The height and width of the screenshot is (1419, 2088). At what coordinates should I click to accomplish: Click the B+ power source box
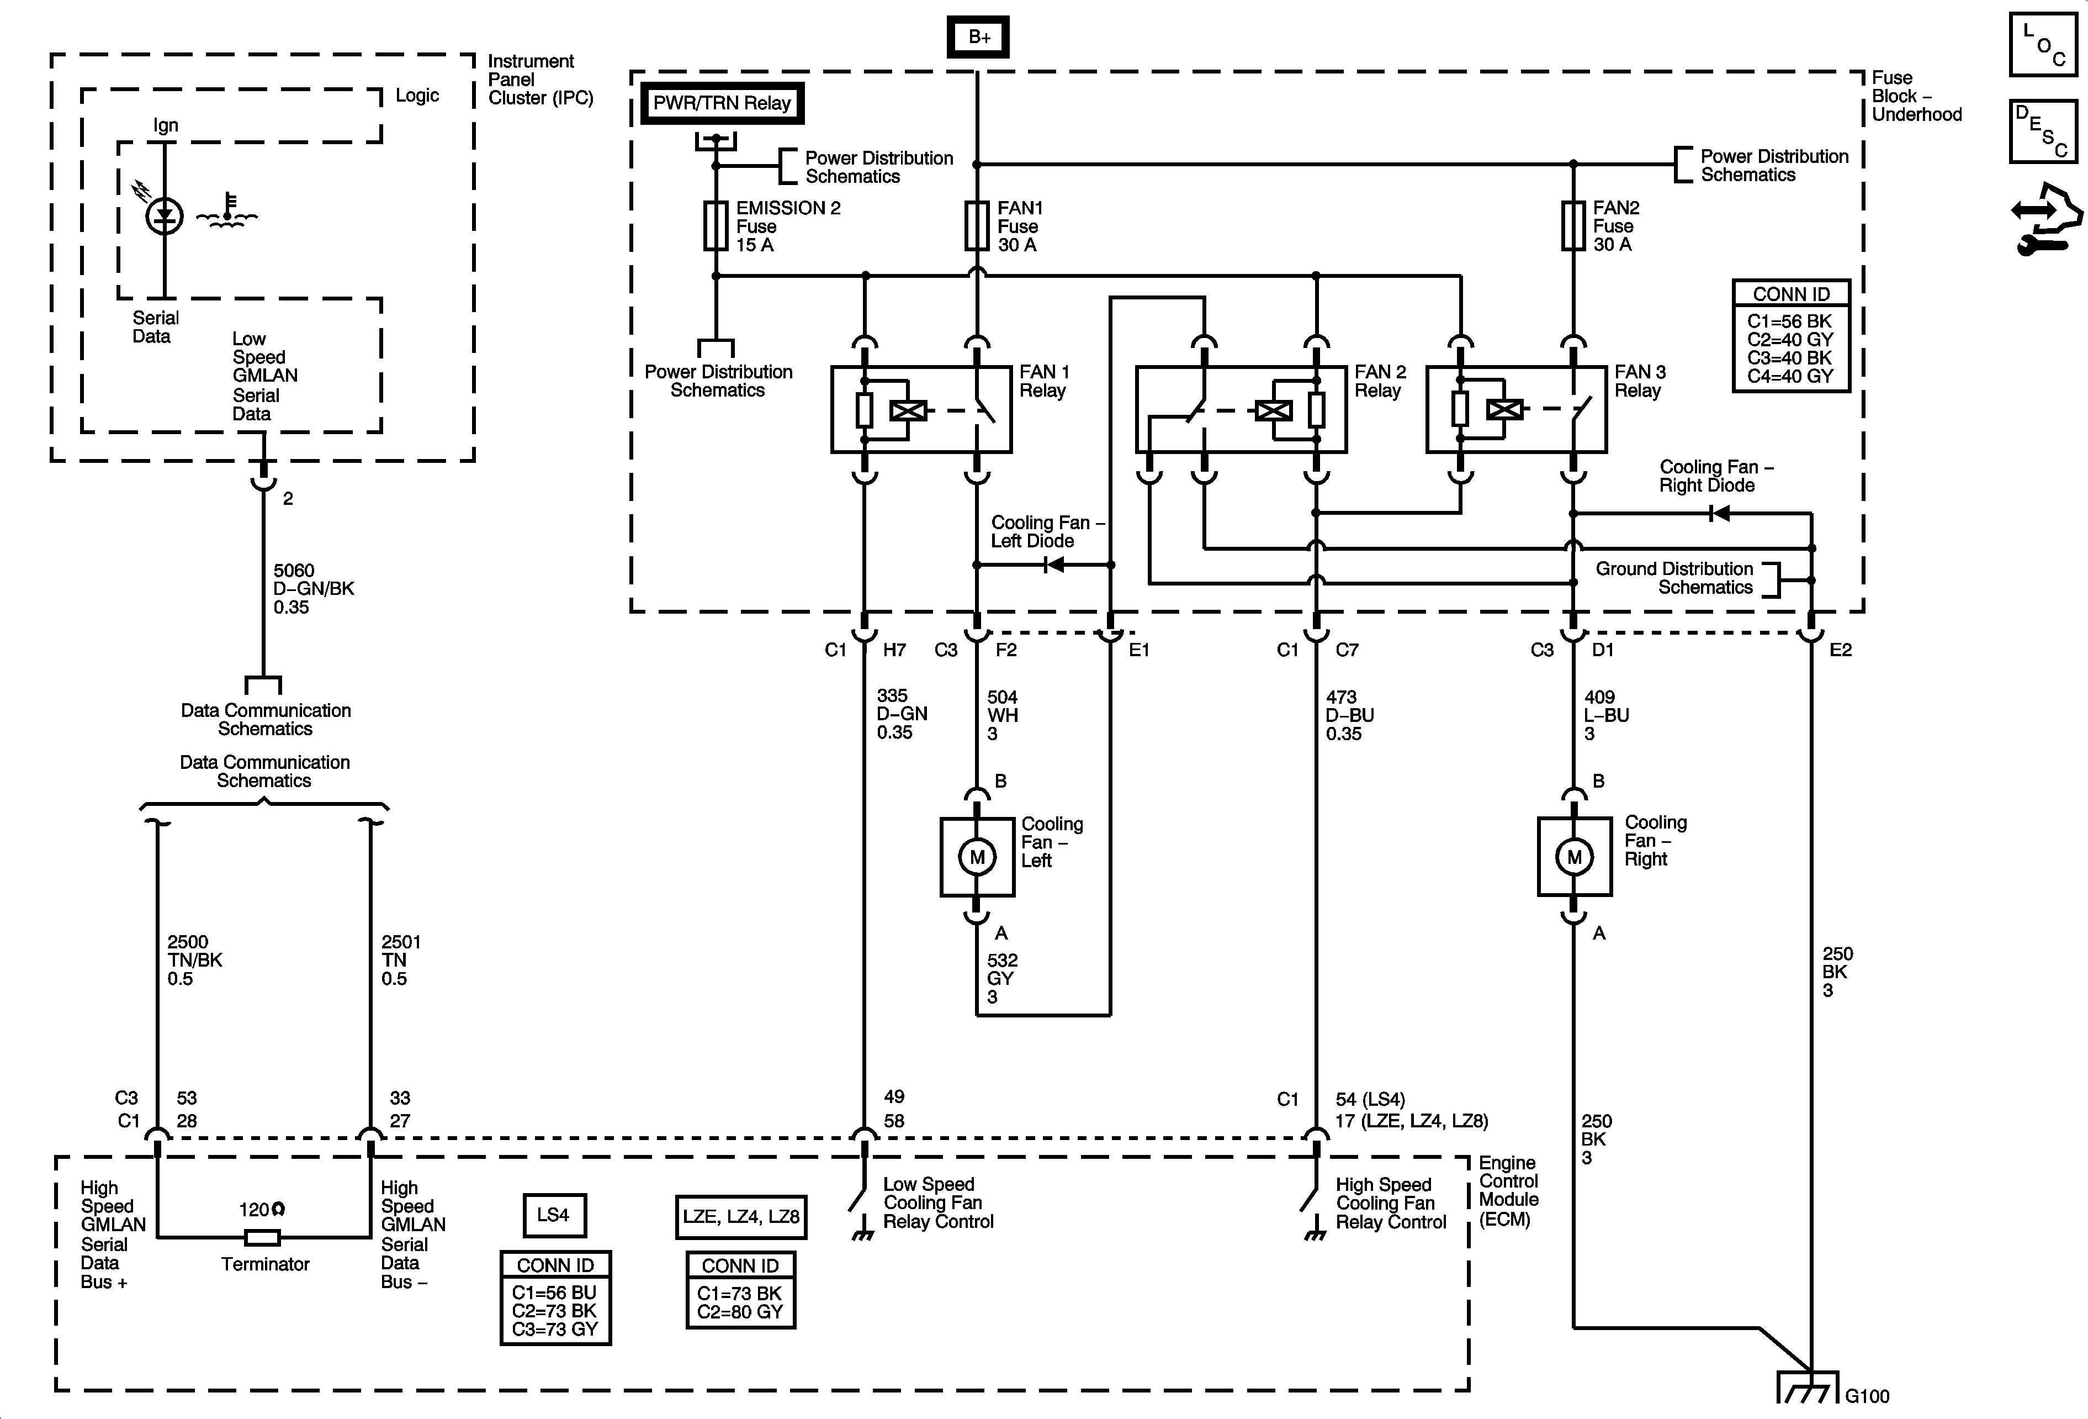point(978,37)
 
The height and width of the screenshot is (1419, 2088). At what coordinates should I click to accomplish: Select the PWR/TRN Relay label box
point(722,103)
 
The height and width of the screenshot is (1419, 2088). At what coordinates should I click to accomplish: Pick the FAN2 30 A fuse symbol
point(1573,225)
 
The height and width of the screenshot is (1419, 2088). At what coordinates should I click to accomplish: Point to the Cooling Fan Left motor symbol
point(978,857)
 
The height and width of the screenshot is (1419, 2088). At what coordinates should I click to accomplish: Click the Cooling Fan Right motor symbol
point(1574,857)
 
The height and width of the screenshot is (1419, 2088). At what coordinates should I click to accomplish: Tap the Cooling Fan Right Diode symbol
point(1719,513)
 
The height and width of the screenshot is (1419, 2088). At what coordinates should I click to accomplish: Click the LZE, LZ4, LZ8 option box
point(740,1217)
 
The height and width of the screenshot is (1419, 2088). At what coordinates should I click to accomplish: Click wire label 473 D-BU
point(1349,715)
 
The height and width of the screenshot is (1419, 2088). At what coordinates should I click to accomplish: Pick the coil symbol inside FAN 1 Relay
point(908,411)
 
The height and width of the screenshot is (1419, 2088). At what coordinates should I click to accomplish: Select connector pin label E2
point(1840,650)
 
